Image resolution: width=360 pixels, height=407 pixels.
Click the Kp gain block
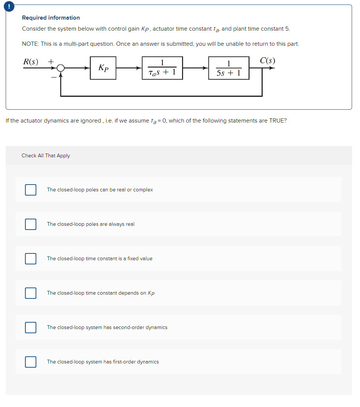(103, 68)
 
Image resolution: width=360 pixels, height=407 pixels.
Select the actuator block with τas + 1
(162, 68)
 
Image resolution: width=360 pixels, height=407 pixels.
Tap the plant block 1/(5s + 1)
(229, 68)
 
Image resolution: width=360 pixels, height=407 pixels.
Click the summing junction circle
(61, 68)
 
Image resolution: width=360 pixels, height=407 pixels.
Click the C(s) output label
(268, 61)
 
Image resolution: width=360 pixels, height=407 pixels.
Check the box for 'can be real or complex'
(31, 190)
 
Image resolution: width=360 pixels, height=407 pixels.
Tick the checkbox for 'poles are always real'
(31, 224)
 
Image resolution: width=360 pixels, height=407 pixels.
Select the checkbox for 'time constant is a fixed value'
(31, 259)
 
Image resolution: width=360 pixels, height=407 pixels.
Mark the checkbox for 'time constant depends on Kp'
(31, 293)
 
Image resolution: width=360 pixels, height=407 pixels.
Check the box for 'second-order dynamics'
(31, 328)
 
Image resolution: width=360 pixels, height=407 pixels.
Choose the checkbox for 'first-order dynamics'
(31, 362)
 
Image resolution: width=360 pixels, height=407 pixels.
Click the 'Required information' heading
(51, 18)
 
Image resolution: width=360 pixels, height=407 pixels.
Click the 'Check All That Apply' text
(46, 156)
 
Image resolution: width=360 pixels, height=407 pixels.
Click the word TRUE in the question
(277, 121)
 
